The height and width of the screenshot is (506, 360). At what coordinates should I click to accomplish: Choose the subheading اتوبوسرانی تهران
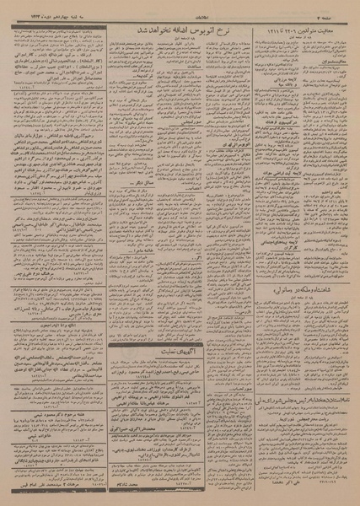coord(218,136)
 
